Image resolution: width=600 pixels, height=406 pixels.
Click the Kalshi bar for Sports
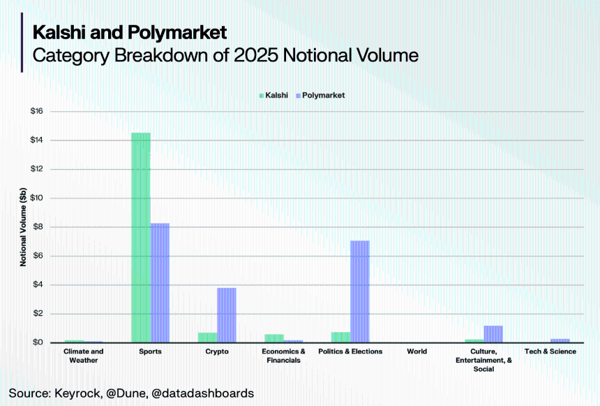[141, 238]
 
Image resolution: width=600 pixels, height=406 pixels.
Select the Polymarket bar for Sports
[160, 283]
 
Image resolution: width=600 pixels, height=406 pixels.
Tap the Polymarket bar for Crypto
[227, 315]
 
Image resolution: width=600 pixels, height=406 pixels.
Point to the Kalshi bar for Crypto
[208, 338]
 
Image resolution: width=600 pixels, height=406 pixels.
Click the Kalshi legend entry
[275, 95]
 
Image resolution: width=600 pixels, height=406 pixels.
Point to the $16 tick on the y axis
[37, 112]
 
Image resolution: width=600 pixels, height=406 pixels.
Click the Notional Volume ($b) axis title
[23, 227]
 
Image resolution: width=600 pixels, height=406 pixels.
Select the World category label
[417, 351]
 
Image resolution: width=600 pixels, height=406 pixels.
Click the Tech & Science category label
[550, 351]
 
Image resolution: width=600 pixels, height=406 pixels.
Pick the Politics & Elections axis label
[350, 351]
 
